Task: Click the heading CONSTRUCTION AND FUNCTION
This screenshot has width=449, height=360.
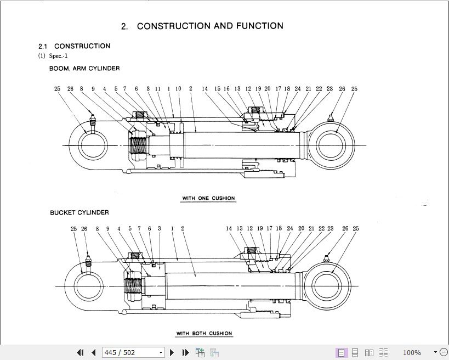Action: point(210,26)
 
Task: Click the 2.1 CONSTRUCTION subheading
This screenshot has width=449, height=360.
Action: point(74,46)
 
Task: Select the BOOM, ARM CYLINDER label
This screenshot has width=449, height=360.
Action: point(84,69)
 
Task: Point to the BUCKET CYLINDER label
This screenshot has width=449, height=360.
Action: point(79,212)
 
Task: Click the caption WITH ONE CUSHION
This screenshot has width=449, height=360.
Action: point(208,198)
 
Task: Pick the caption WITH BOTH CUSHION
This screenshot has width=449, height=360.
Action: point(204,334)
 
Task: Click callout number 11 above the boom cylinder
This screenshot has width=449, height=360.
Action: point(158,88)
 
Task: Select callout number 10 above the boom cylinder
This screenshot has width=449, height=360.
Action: point(178,88)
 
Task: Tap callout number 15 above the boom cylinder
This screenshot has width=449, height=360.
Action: point(217,88)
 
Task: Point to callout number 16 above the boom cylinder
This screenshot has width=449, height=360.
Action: point(226,88)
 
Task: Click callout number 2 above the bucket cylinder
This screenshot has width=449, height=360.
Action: point(183,228)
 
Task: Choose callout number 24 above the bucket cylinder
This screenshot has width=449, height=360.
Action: point(290,228)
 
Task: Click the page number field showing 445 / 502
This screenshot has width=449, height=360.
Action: point(134,352)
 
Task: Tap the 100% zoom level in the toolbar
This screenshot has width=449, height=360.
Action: point(412,352)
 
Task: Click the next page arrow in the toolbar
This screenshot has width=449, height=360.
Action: point(172,352)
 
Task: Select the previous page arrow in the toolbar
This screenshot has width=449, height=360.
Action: point(93,352)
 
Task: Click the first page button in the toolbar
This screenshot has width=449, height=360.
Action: point(81,352)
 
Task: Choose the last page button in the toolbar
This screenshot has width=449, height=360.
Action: point(185,352)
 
